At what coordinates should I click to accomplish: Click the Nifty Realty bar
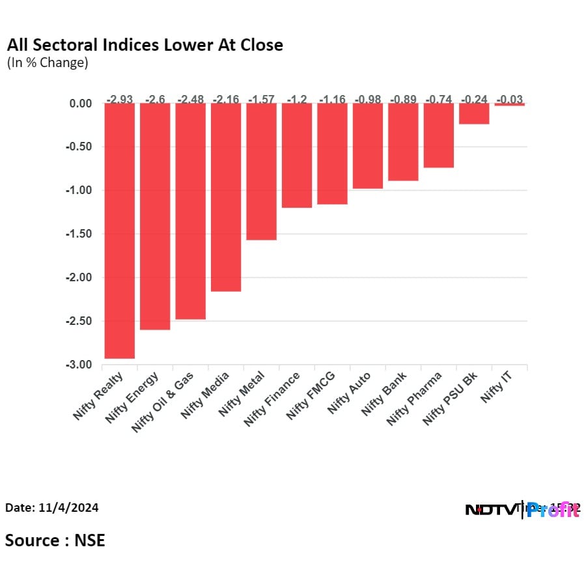click(x=119, y=230)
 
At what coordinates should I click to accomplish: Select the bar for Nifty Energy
click(x=155, y=216)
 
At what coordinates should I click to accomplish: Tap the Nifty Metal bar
click(x=261, y=171)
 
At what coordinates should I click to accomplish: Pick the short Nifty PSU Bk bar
click(x=474, y=114)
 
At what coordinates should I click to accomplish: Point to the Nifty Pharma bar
click(x=438, y=135)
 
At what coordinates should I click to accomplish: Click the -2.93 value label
click(x=120, y=100)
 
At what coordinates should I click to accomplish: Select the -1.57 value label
click(x=261, y=100)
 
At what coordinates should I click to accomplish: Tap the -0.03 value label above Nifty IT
click(x=509, y=100)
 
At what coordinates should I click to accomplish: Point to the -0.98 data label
click(x=367, y=100)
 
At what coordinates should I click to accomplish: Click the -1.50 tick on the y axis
click(x=79, y=234)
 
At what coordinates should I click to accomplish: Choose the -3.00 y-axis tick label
click(x=79, y=365)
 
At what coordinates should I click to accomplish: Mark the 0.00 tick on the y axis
click(x=81, y=103)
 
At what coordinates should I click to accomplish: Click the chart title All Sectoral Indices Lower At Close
click(x=145, y=45)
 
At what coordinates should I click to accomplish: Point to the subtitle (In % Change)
click(x=47, y=63)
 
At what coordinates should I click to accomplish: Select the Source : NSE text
click(x=55, y=540)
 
